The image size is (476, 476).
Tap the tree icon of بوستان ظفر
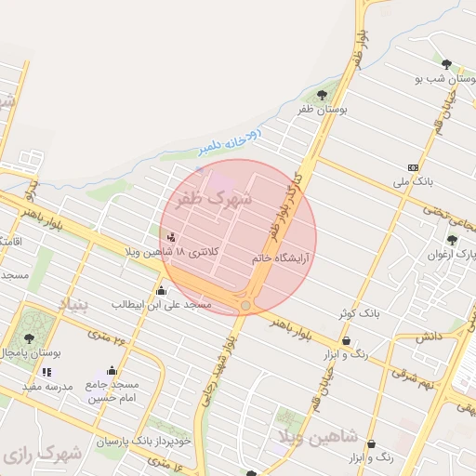tap(322, 95)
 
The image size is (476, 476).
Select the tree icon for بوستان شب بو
tap(447, 64)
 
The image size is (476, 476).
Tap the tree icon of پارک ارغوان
tap(452, 240)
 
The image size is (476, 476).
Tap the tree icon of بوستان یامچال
tap(29, 339)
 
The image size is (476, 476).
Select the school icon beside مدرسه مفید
tap(46, 372)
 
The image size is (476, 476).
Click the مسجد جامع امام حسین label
tap(113, 391)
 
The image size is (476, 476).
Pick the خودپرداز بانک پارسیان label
tap(141, 441)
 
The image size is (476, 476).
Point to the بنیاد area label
tap(77, 304)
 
